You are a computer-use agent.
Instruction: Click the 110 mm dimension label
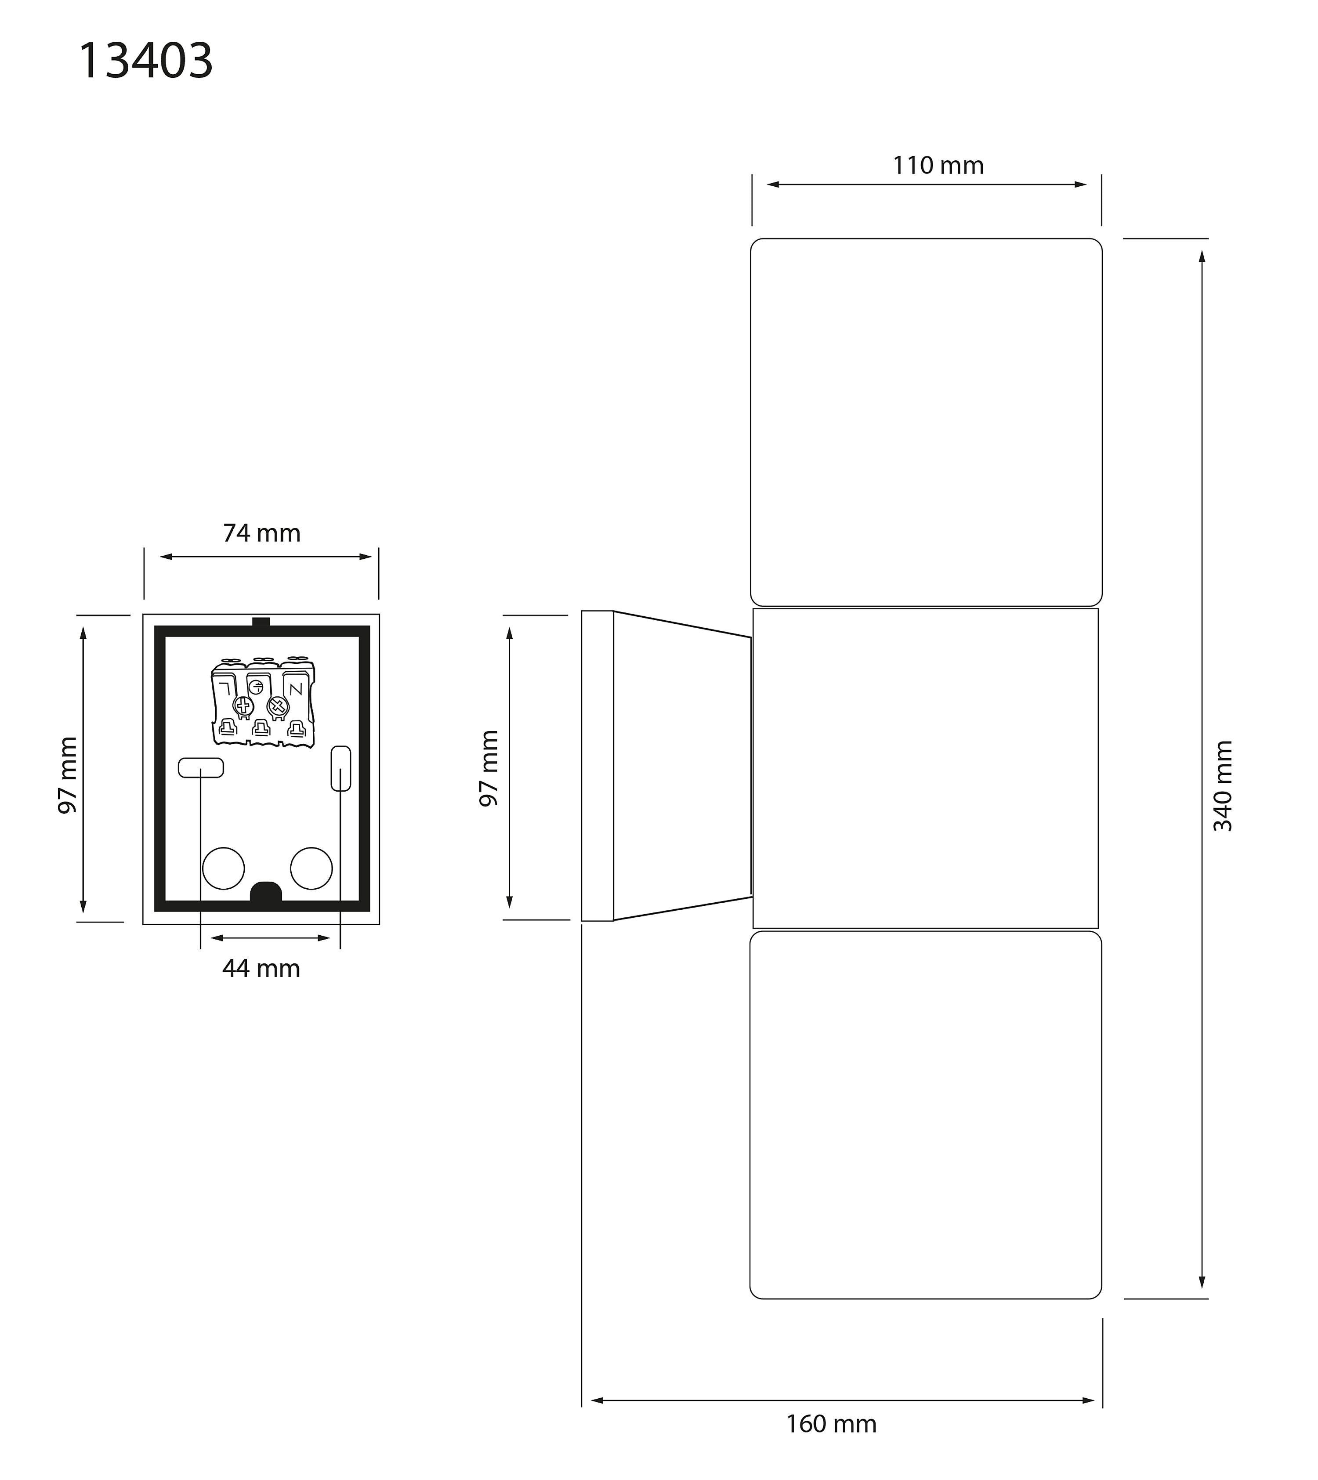pyautogui.click(x=938, y=166)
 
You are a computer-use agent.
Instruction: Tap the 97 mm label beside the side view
pyautogui.click(x=489, y=768)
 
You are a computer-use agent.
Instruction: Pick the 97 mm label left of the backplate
pyautogui.click(x=67, y=775)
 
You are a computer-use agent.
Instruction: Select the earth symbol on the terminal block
pyautogui.click(x=256, y=688)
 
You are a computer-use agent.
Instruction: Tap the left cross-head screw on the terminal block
pyautogui.click(x=242, y=705)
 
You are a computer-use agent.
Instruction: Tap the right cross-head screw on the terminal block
pyautogui.click(x=278, y=705)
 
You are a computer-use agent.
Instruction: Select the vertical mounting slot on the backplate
pyautogui.click(x=340, y=768)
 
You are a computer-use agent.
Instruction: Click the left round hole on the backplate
pyautogui.click(x=223, y=868)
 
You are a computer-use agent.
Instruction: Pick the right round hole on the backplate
pyautogui.click(x=311, y=868)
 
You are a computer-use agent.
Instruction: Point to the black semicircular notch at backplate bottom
pyautogui.click(x=266, y=892)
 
